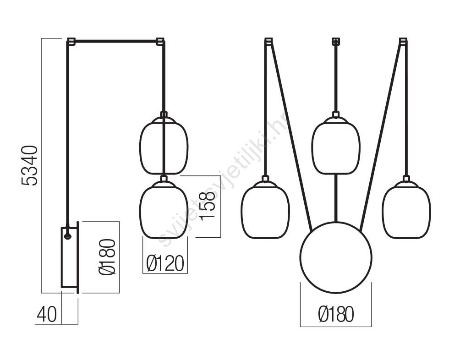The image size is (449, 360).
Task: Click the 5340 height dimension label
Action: click(x=29, y=166)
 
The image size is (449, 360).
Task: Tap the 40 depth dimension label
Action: click(x=47, y=314)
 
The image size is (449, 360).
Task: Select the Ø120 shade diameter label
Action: click(x=165, y=263)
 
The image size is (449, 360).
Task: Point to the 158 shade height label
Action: click(x=207, y=206)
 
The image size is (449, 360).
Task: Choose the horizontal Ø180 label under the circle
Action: click(x=336, y=314)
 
